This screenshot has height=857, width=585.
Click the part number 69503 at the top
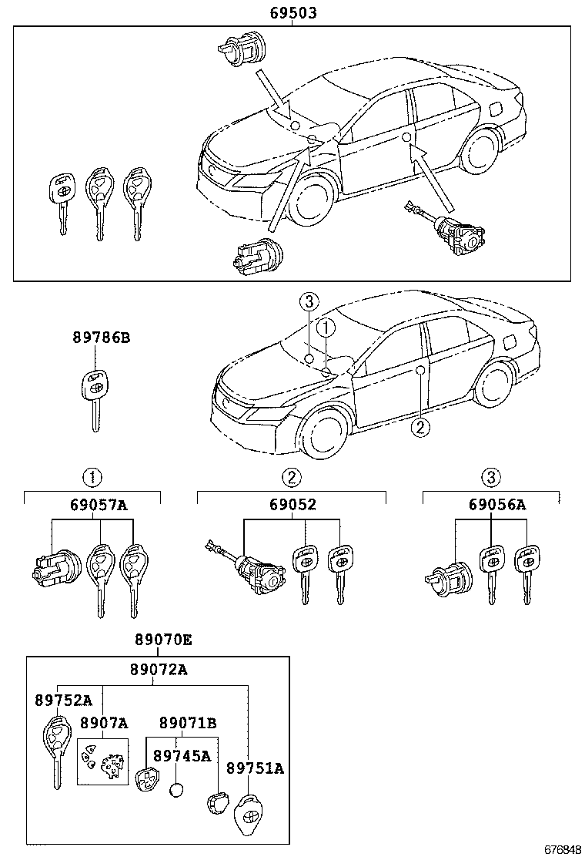point(292,13)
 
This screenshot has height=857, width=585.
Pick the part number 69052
point(292,506)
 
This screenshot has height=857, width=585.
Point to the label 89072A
point(158,670)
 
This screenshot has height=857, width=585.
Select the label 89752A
point(63,700)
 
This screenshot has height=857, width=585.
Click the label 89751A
point(255,768)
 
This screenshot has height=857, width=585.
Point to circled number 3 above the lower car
point(308,301)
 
